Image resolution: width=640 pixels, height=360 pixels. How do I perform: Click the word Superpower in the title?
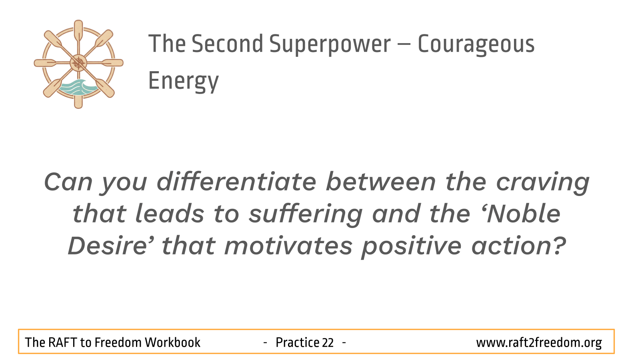coord(330,44)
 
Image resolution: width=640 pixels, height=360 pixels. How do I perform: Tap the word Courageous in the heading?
coord(476,44)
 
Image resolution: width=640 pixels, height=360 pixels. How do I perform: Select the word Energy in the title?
coord(184,82)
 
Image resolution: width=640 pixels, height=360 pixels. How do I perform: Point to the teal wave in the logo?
coord(78,88)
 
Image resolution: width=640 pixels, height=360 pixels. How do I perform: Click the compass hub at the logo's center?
coord(78,63)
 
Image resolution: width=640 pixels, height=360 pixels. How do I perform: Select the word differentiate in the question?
coord(236,182)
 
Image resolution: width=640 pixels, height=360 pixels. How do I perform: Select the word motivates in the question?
coord(288,246)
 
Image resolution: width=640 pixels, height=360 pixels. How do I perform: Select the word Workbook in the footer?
coord(172,342)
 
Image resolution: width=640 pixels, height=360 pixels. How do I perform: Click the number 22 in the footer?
coord(328,342)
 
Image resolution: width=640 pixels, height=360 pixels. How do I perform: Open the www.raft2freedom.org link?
coord(539,343)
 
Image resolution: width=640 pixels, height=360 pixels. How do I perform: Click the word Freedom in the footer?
coord(118,342)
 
